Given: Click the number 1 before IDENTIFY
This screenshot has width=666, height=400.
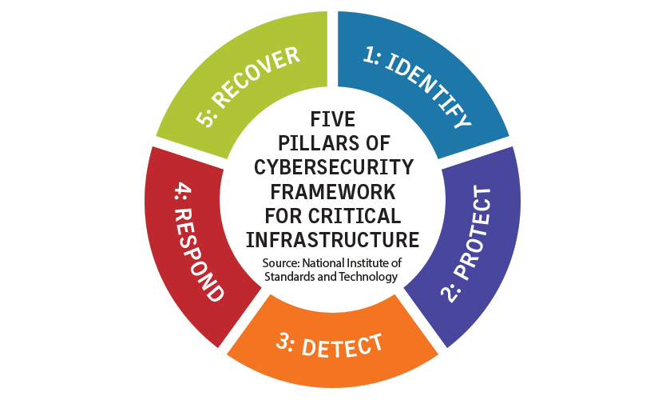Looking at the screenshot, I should (x=369, y=54).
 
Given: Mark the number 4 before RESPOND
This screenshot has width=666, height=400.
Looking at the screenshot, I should (x=177, y=191).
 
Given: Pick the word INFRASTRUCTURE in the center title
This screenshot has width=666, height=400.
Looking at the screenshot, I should (x=333, y=242).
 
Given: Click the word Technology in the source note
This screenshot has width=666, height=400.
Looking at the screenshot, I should (x=368, y=277).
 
